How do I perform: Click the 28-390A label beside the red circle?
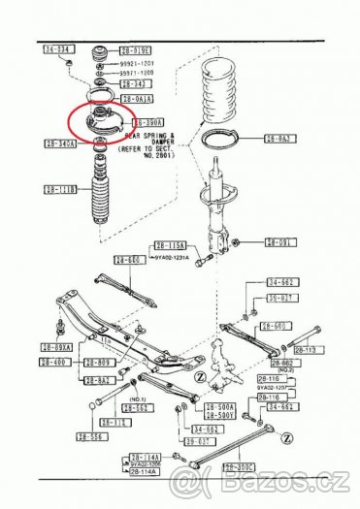point(148,123)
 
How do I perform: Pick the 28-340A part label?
point(60,143)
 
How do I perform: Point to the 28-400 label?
point(53,362)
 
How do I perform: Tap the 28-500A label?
point(220,408)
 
